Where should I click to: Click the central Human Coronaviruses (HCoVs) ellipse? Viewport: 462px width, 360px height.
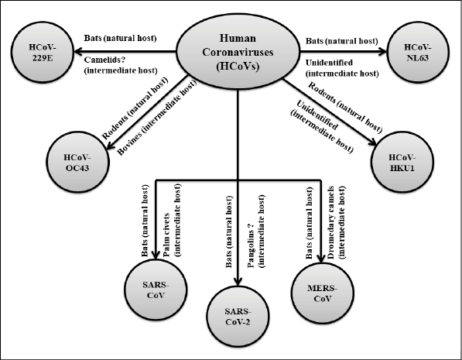coord(238,52)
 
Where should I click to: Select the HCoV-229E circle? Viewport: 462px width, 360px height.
coord(42,52)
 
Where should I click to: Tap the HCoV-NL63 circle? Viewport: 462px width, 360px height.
coord(418,52)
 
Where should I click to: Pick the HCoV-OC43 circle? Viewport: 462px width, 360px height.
coord(77,162)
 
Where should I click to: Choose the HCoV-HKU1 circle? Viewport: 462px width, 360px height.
coord(402,162)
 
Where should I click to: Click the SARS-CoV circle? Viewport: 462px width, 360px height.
coord(156,290)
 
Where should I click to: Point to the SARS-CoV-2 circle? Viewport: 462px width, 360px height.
coord(238,316)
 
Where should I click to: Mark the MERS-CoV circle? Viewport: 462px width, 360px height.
coord(323,293)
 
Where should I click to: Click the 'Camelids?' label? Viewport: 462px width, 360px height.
coord(105,60)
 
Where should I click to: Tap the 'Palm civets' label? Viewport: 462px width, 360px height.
coord(166,235)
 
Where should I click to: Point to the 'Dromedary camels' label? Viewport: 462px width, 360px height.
coord(331,223)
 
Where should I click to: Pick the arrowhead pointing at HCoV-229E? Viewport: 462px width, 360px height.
coord(78,52)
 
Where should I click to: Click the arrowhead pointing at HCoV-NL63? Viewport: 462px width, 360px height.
coord(382,52)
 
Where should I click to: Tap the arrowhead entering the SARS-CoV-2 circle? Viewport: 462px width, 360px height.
coord(238,281)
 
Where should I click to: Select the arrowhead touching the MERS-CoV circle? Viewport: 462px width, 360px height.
coord(321,259)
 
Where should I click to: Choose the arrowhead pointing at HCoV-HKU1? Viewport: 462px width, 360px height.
coord(372,142)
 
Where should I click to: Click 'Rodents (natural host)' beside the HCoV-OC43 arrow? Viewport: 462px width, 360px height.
coord(135,108)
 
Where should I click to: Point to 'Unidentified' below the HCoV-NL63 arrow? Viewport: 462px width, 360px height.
coord(329,63)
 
